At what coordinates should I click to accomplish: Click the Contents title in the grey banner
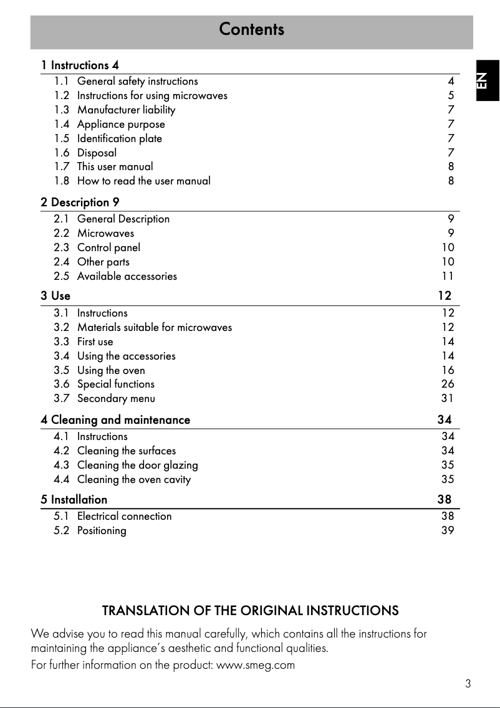[251, 29]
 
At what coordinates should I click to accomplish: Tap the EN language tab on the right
[484, 80]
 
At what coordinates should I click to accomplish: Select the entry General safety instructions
[137, 81]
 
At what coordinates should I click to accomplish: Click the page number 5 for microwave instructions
[451, 95]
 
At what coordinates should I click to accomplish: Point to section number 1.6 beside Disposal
[62, 153]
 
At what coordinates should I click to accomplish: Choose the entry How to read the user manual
[143, 181]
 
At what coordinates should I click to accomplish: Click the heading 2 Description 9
[80, 202]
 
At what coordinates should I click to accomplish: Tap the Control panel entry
[108, 247]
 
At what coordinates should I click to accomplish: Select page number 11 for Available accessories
[448, 276]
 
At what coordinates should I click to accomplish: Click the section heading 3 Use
[55, 295]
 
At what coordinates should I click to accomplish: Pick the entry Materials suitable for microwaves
[154, 327]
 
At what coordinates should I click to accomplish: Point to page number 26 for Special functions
[448, 384]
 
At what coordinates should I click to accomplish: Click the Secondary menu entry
[116, 398]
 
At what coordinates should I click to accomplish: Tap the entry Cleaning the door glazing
[137, 465]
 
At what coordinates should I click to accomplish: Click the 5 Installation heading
[74, 499]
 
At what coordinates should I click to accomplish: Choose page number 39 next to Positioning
[448, 530]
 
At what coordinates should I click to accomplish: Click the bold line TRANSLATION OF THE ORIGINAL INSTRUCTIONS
[250, 610]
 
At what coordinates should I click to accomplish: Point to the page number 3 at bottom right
[468, 684]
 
